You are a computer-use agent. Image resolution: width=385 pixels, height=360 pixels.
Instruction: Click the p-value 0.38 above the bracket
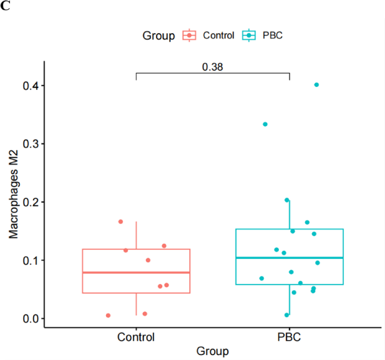click(x=213, y=67)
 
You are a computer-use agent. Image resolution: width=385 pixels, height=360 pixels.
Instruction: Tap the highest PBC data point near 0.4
click(x=316, y=85)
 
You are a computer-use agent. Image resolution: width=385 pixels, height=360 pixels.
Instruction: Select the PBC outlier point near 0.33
click(x=265, y=124)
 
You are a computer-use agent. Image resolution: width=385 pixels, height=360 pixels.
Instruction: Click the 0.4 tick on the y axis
click(x=31, y=86)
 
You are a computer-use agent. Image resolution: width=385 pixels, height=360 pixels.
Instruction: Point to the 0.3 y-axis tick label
click(x=31, y=144)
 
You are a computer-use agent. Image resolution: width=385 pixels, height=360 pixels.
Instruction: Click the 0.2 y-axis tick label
click(x=31, y=202)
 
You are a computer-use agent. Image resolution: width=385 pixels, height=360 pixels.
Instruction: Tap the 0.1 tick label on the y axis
click(x=31, y=260)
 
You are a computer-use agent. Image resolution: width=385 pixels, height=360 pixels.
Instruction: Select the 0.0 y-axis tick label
click(x=31, y=319)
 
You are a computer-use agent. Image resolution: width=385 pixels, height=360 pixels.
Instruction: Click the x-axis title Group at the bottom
click(x=213, y=350)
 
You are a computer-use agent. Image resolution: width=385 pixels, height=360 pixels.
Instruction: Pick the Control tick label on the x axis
click(x=136, y=338)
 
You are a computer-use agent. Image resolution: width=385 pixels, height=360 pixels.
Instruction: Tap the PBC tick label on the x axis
click(x=289, y=338)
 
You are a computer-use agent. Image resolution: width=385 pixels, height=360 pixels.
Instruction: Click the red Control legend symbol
click(x=190, y=35)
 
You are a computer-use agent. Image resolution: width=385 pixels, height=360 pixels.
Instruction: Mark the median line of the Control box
click(x=136, y=272)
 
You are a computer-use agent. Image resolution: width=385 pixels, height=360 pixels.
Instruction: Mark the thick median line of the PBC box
click(x=289, y=258)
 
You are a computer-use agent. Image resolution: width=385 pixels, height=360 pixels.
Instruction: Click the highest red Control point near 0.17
click(x=121, y=222)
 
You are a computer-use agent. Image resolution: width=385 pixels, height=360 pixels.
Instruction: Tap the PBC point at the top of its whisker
click(x=287, y=200)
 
